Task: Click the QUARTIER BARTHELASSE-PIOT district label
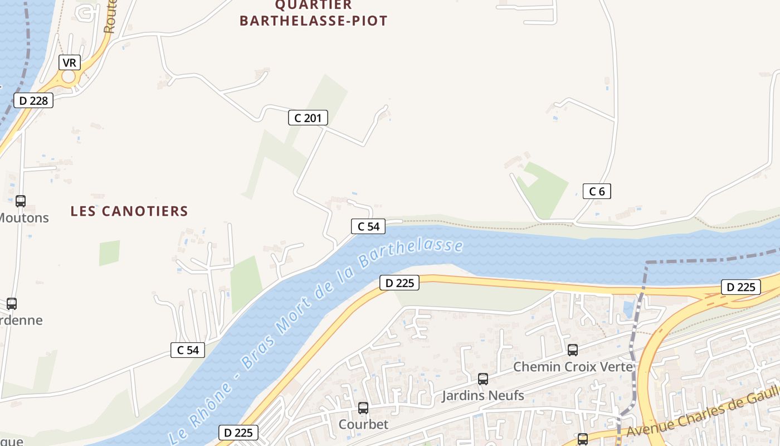tap(313, 13)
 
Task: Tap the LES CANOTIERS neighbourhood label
tap(129, 211)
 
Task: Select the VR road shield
tap(69, 62)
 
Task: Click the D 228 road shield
tap(33, 100)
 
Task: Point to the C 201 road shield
tap(308, 118)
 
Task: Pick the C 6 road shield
tap(597, 191)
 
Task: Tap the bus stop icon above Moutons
tap(21, 201)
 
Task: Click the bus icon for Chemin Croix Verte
tap(572, 350)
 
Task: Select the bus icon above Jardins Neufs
tap(483, 379)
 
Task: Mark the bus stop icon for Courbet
tap(363, 408)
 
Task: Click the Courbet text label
tap(363, 424)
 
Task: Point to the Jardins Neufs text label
tap(483, 396)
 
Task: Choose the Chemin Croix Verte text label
tap(573, 367)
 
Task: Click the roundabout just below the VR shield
tap(69, 77)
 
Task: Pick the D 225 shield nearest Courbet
tap(238, 432)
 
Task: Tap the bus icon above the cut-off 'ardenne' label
tap(12, 304)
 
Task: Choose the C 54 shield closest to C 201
tap(368, 226)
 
